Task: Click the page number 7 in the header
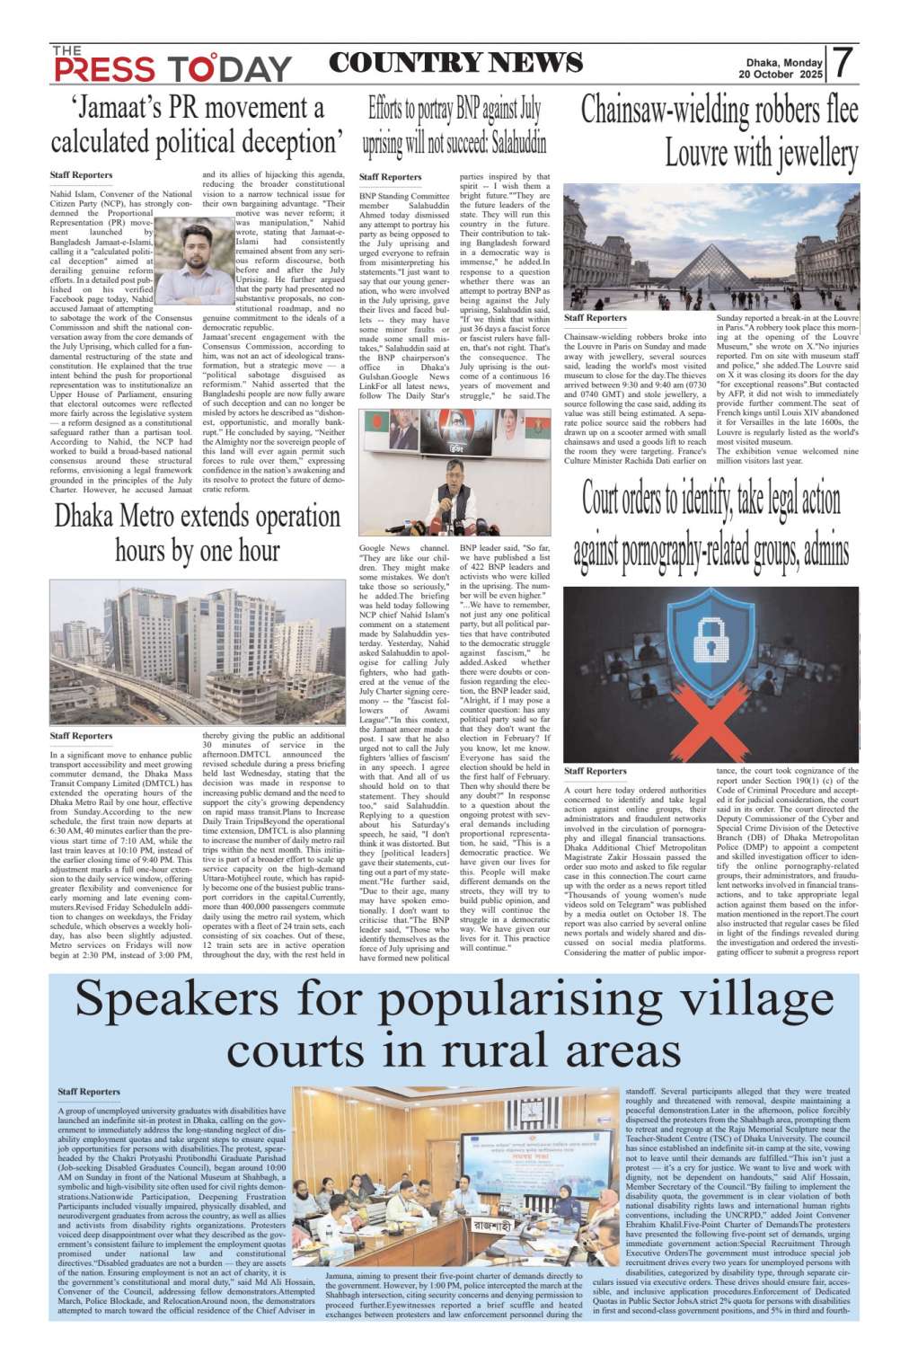pos(842,64)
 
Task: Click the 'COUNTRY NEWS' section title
pos(455,63)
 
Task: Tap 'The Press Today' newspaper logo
pos(171,65)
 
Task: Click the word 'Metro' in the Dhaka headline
pos(162,517)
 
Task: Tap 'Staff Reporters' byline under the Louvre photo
pos(595,318)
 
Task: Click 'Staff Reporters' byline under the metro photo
pos(81,736)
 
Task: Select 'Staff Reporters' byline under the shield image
pos(595,771)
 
